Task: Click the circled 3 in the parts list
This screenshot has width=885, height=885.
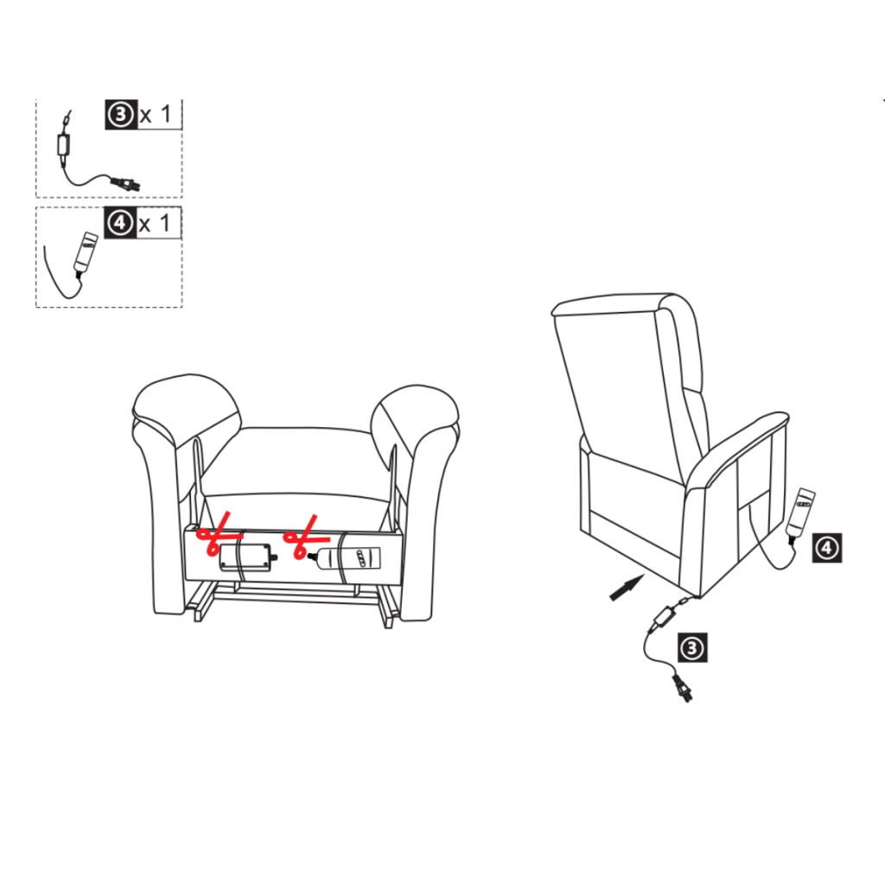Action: click(119, 115)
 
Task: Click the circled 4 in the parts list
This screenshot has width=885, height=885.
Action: click(118, 223)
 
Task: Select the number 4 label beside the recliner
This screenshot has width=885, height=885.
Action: click(827, 547)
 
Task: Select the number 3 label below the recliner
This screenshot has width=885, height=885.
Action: click(694, 647)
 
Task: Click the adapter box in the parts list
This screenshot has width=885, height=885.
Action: click(63, 145)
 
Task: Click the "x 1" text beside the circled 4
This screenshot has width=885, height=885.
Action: click(156, 224)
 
